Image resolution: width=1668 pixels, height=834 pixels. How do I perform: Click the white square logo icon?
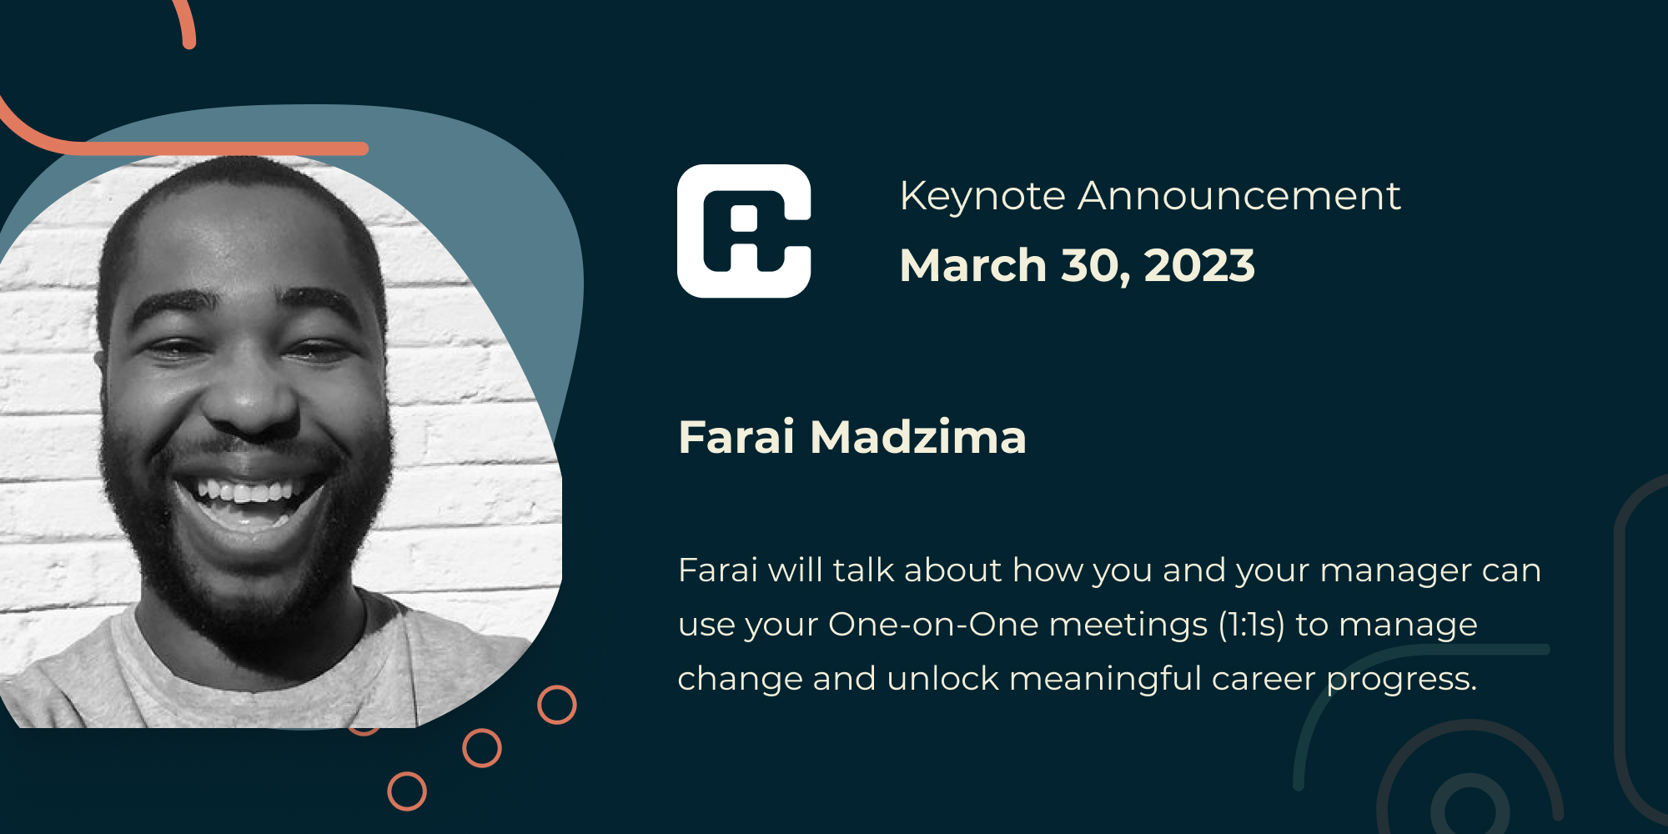[x=744, y=231]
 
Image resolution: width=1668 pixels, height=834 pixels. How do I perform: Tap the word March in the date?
[x=972, y=266]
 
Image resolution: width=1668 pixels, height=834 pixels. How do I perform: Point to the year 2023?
[x=1199, y=266]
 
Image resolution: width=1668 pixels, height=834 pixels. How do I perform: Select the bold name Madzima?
[x=917, y=437]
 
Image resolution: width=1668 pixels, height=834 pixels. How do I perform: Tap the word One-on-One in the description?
[x=933, y=625]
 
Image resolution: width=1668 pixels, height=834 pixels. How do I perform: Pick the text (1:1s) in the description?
[x=1251, y=625]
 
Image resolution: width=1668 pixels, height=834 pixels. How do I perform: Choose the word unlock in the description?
[x=942, y=679]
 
